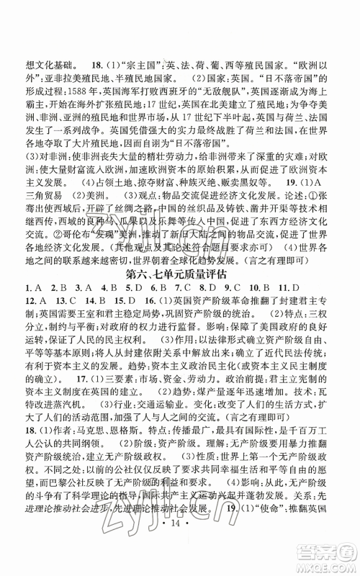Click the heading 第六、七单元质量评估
point(180,293)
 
